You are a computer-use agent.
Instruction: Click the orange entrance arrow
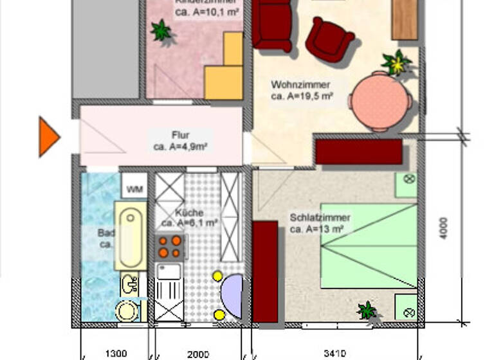(x=48, y=136)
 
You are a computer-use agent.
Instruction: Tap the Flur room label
(x=180, y=135)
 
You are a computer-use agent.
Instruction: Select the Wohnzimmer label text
(x=300, y=85)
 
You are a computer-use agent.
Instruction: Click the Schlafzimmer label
(x=320, y=217)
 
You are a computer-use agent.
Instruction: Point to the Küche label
(x=189, y=213)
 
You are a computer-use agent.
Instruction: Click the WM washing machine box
(x=134, y=189)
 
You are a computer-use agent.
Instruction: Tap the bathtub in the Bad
(x=131, y=235)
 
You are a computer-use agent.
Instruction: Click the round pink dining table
(x=380, y=102)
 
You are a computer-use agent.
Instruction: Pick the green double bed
(x=369, y=246)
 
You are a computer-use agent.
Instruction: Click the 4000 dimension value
(x=444, y=228)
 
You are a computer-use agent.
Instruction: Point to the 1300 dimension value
(x=116, y=353)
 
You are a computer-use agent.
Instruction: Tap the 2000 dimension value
(x=197, y=353)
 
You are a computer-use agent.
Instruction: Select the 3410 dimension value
(x=335, y=353)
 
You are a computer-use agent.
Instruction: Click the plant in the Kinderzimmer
(x=161, y=30)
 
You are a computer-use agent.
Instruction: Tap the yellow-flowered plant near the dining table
(x=396, y=62)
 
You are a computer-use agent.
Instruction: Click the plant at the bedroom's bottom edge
(x=367, y=310)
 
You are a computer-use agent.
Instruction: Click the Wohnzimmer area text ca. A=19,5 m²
(x=302, y=96)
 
